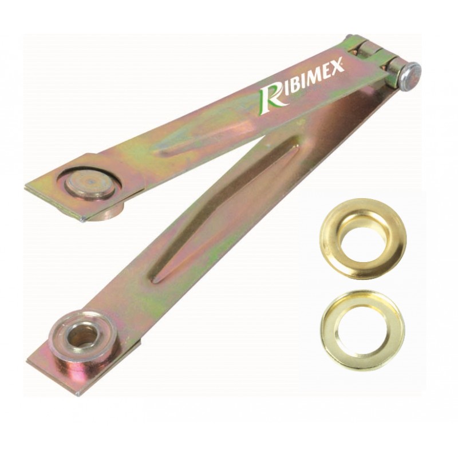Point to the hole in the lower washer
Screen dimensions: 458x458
click(362, 330)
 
